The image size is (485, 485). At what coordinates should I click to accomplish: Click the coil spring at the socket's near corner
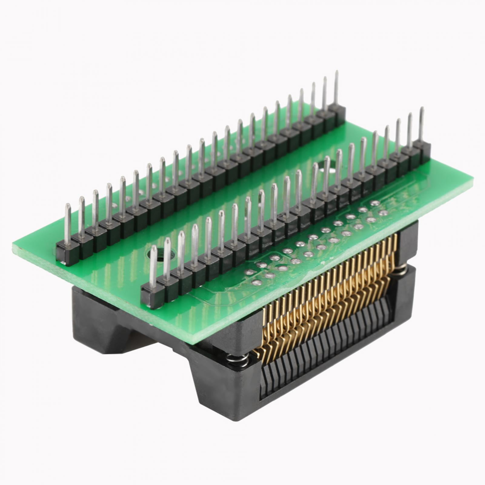point(238,361)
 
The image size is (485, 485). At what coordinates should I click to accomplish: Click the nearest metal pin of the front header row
point(153,267)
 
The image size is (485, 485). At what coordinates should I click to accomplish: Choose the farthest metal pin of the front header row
point(421,124)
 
